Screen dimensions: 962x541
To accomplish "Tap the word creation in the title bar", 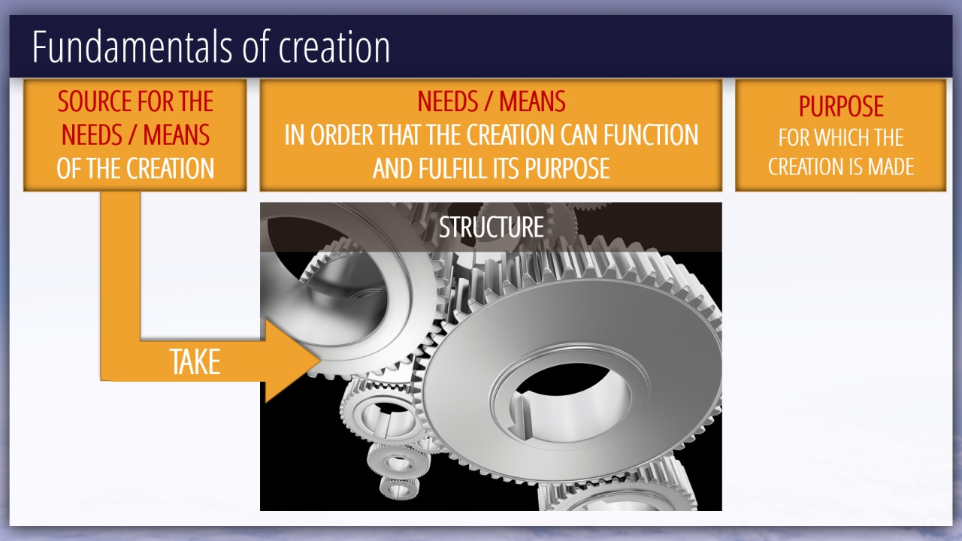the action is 334,47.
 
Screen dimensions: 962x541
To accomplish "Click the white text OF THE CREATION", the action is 135,168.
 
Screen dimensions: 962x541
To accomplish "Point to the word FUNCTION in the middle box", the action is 651,134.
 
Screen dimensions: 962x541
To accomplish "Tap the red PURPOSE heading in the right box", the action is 841,106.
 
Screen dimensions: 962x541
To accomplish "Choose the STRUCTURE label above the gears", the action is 492,227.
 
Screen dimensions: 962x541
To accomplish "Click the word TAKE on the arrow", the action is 195,362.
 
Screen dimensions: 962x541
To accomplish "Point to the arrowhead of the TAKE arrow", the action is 320,361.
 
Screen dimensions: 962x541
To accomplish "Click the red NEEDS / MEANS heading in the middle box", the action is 492,101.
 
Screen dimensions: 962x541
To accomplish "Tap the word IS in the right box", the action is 858,167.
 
